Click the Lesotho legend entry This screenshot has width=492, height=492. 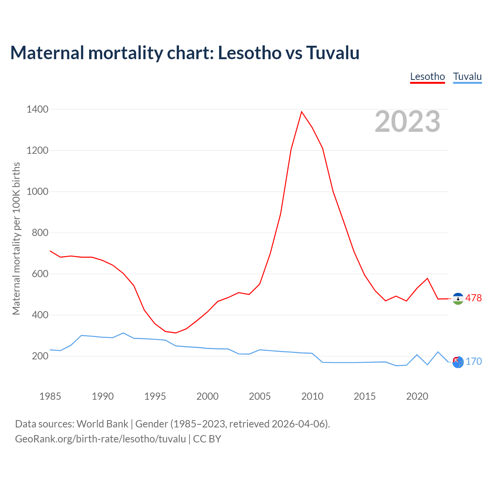[427, 76]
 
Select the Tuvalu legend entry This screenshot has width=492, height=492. [467, 76]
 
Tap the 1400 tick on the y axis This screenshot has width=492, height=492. [38, 110]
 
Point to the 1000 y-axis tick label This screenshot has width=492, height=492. [38, 192]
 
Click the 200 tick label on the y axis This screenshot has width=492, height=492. [40, 356]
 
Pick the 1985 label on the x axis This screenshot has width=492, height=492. [50, 396]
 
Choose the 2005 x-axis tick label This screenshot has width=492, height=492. [260, 396]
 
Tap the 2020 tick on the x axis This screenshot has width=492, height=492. [417, 396]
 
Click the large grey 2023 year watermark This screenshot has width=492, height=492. [407, 121]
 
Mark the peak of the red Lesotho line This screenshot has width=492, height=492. [302, 112]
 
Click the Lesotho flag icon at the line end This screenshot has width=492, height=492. [458, 299]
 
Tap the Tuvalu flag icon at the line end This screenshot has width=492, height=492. [458, 362]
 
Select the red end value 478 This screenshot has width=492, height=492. [474, 298]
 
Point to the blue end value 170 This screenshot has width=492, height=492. [474, 362]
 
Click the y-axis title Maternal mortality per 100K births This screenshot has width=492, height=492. [16, 238]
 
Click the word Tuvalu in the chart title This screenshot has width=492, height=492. [333, 53]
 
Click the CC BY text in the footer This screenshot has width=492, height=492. [207, 439]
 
